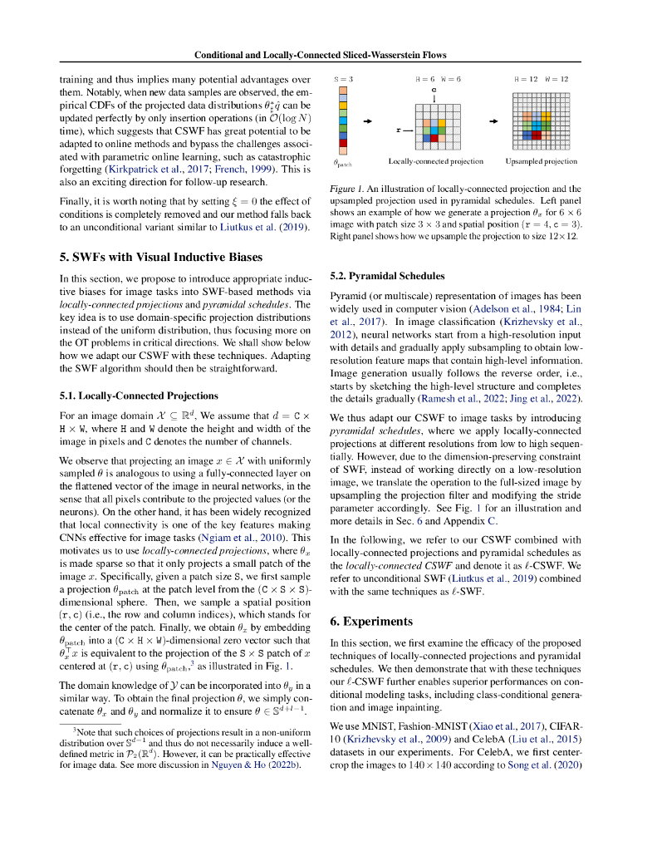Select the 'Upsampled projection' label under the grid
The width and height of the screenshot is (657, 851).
pos(541,160)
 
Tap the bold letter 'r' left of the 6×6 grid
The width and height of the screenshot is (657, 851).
pos(398,130)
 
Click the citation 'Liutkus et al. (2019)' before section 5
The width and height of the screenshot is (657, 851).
pos(265,228)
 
